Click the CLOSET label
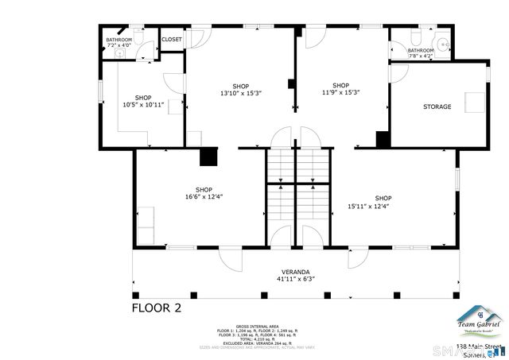(x=171, y=39)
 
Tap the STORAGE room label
(x=437, y=106)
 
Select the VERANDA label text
(x=295, y=271)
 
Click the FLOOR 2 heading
(x=157, y=308)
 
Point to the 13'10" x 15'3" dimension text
(x=240, y=93)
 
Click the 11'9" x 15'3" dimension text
(x=340, y=93)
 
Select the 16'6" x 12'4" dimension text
(x=204, y=196)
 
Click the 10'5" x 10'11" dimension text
(x=143, y=104)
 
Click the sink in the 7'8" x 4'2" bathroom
(x=443, y=44)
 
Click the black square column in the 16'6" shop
(x=208, y=157)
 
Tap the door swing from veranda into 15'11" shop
(x=357, y=258)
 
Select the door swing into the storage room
(x=398, y=71)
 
